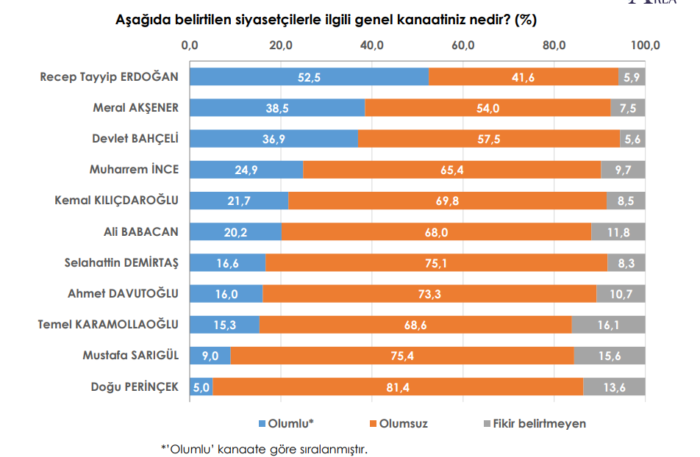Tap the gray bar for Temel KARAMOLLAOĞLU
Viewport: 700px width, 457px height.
tap(608, 325)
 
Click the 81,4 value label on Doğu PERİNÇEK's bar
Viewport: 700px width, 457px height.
tap(398, 387)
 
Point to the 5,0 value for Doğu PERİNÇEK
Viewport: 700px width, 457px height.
tap(201, 387)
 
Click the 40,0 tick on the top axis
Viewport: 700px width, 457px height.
tap(373, 46)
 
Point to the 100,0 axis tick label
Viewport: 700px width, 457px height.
tap(645, 46)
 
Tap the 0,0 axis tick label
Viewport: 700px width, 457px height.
tap(190, 46)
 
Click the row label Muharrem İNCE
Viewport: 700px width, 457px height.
tap(134, 170)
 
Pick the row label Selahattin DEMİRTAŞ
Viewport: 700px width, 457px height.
tap(121, 262)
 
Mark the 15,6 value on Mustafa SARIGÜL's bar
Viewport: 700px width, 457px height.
tap(609, 356)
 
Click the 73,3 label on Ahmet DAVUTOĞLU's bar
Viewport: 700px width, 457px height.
tap(429, 294)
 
